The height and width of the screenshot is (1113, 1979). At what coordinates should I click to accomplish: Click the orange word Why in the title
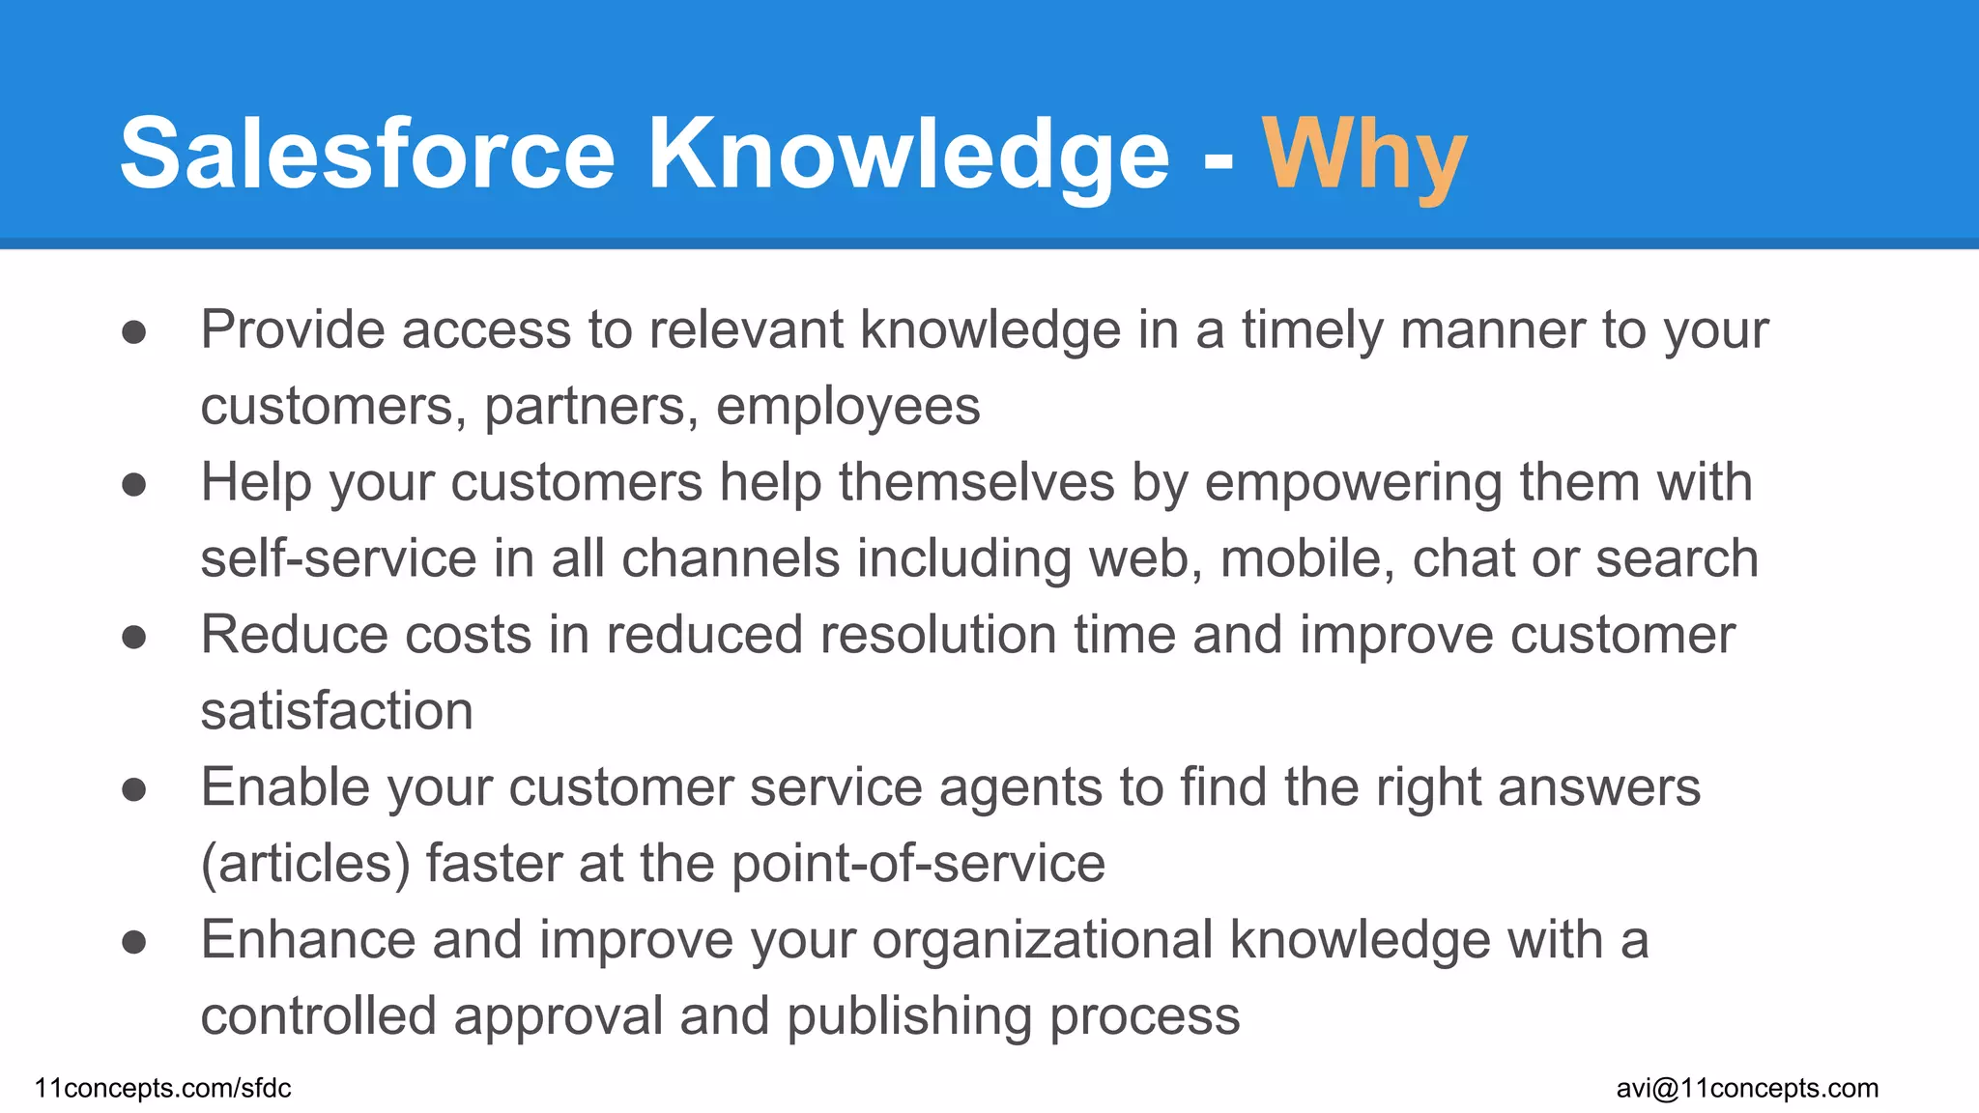coord(1363,155)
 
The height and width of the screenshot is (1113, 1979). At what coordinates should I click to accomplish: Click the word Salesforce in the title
coord(367,155)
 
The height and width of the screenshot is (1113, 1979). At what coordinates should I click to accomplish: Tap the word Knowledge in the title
coord(908,155)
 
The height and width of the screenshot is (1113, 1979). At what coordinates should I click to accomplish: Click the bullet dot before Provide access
coord(134,332)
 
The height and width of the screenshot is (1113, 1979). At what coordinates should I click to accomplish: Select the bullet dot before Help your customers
coord(134,484)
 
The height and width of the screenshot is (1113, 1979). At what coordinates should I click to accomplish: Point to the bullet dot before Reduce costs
coord(134,637)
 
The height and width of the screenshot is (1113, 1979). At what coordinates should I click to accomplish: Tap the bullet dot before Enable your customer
coord(134,789)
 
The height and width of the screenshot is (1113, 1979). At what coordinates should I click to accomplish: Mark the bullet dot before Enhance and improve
coord(134,942)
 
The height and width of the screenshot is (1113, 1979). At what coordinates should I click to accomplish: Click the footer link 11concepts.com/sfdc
coord(162,1088)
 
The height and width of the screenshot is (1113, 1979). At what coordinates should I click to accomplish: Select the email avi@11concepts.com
coord(1747,1088)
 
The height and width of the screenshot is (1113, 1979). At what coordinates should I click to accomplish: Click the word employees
coord(847,407)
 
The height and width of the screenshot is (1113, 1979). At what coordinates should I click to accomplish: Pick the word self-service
coord(338,559)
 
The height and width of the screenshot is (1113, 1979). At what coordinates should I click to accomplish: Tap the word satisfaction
coord(336,712)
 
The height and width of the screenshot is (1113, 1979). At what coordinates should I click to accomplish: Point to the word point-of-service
coord(918,864)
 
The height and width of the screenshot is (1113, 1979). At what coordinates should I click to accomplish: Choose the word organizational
coord(1042,940)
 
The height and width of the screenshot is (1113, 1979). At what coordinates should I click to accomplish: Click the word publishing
coord(909,1016)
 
